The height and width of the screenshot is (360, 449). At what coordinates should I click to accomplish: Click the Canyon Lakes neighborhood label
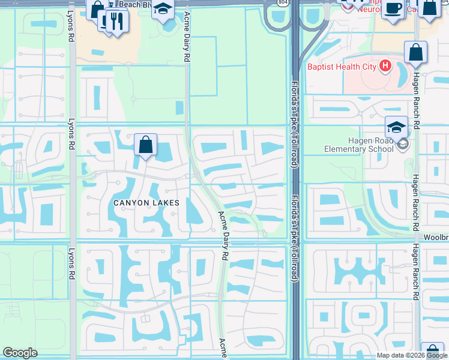[x=146, y=203]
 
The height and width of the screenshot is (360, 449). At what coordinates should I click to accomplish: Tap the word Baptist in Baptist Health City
[x=322, y=67]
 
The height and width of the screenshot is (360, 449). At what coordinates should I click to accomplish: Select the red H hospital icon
[x=385, y=66]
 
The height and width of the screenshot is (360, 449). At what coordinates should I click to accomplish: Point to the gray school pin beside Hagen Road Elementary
[x=403, y=144]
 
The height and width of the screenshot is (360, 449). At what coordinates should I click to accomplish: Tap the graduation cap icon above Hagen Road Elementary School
[x=396, y=127]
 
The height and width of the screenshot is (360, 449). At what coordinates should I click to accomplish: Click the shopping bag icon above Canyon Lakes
[x=145, y=145]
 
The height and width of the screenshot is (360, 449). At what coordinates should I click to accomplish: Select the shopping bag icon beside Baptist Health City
[x=415, y=53]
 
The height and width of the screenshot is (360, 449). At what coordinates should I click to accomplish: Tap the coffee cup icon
[x=393, y=9]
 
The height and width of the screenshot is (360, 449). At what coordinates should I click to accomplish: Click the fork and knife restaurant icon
[x=116, y=21]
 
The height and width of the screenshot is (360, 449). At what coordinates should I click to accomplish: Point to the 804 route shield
[x=282, y=2]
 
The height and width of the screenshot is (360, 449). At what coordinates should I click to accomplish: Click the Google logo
[x=20, y=353]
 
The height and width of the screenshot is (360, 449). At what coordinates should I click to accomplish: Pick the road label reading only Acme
[x=222, y=347]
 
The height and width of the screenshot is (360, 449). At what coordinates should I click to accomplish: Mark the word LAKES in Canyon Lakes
[x=165, y=203]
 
